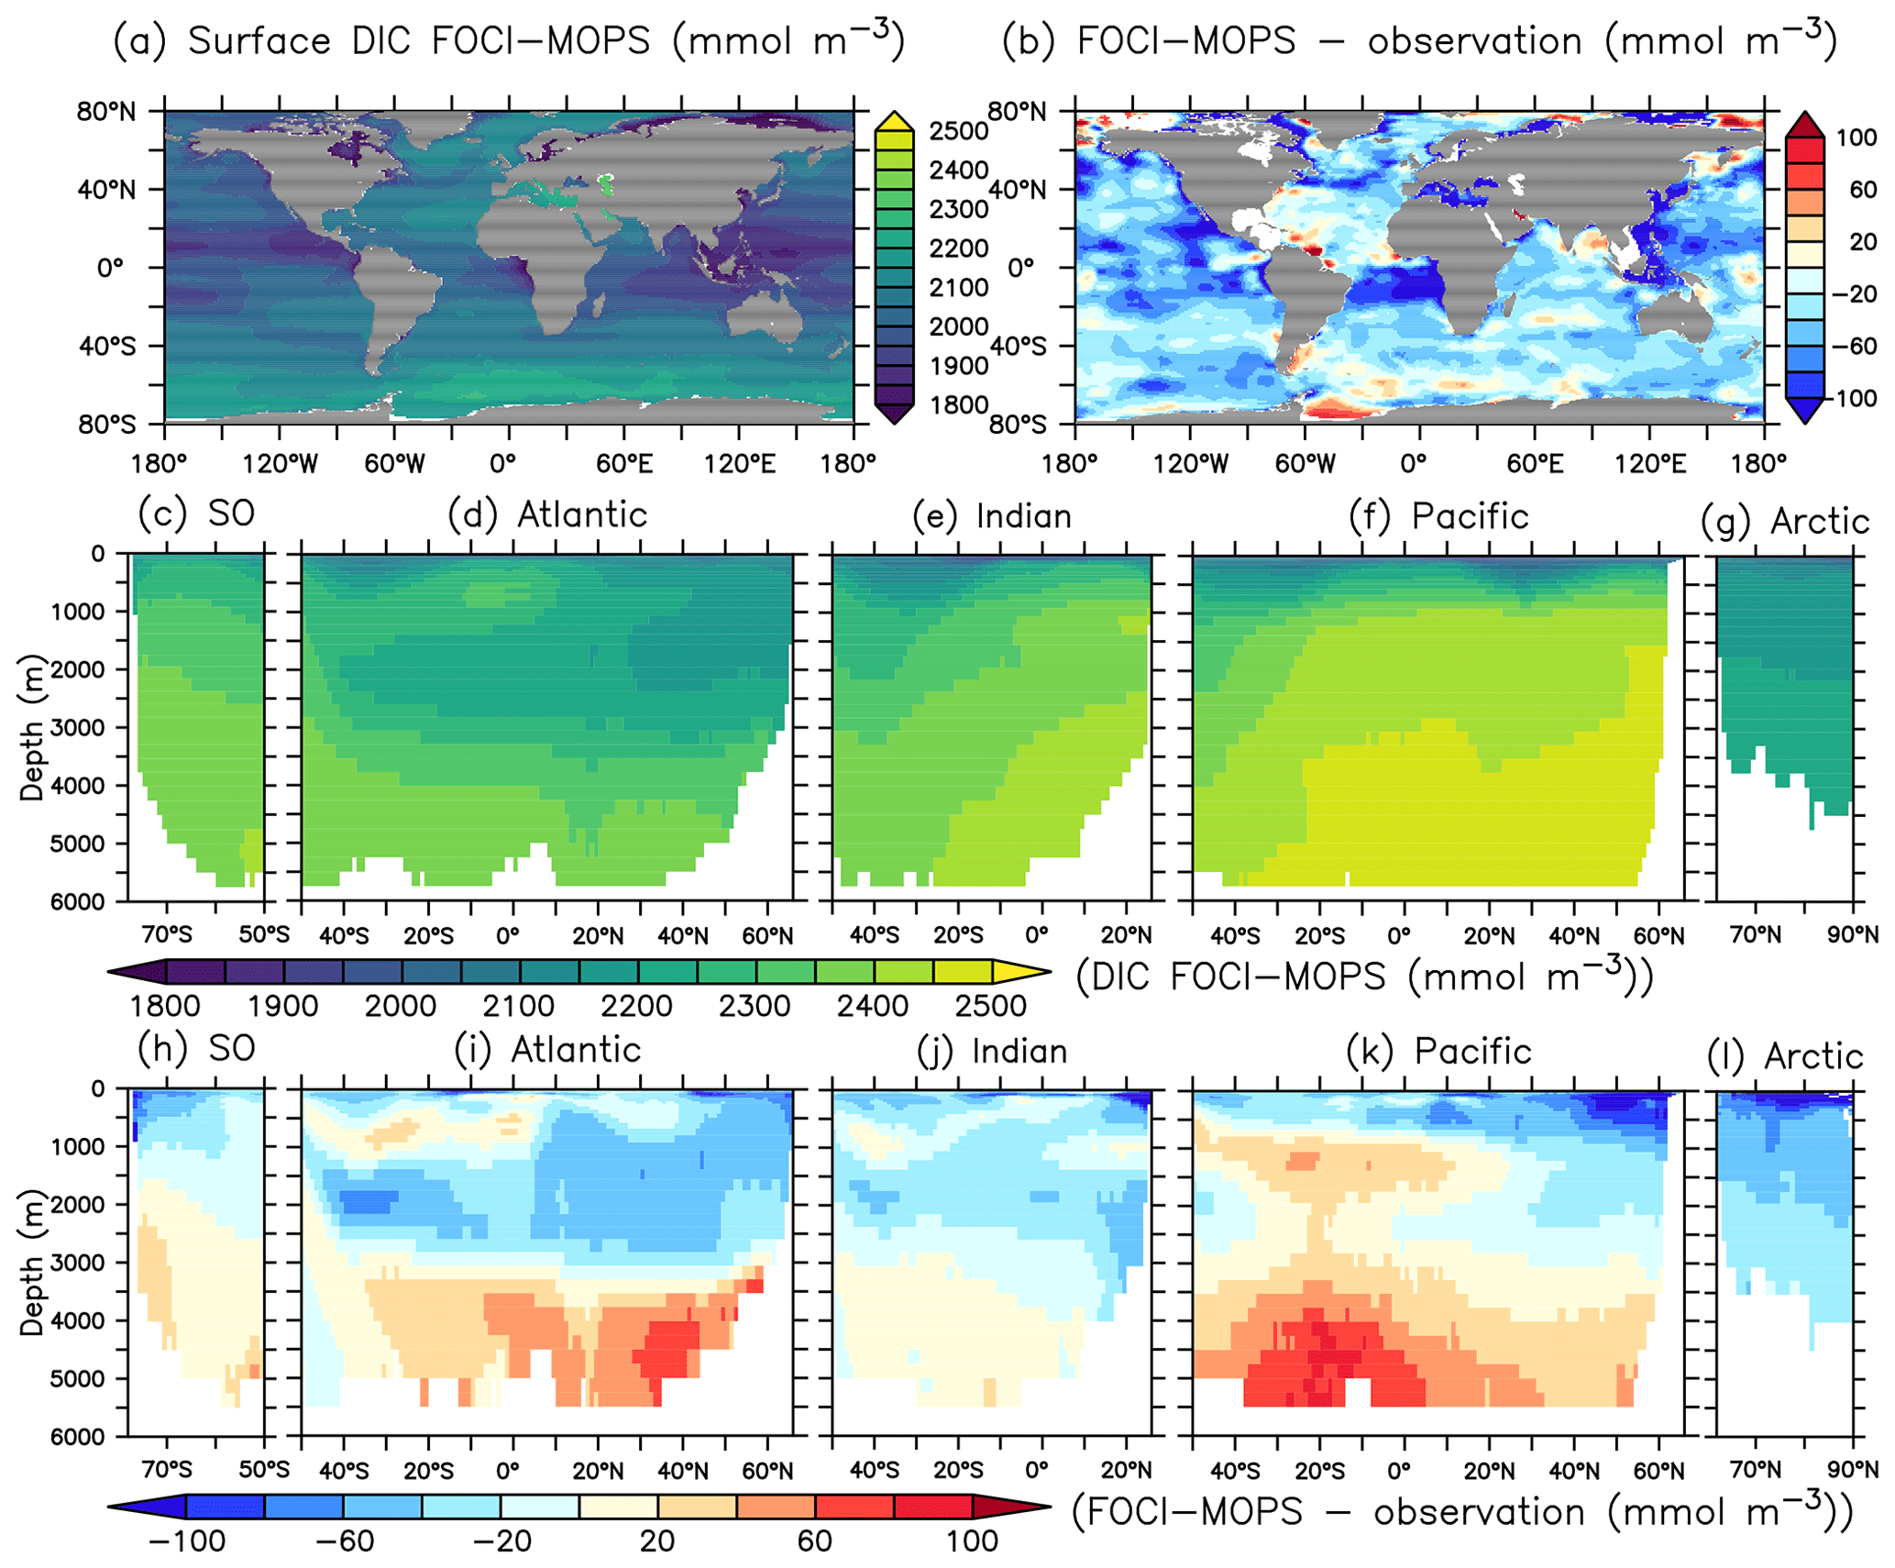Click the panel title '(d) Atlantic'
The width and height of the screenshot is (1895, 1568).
pos(547,514)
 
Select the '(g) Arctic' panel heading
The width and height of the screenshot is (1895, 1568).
pos(1784,521)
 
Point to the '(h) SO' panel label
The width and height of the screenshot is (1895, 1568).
pos(196,1048)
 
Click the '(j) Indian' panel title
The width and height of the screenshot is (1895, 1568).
pos(992,1051)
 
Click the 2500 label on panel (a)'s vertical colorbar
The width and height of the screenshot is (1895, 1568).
pos(958,131)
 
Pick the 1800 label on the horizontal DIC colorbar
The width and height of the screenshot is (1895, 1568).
pos(165,1006)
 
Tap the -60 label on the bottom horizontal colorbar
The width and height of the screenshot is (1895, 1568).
pos(344,1540)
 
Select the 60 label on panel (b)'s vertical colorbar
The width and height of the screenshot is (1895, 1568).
pos(1863,190)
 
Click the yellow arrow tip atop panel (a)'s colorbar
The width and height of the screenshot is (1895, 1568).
pos(894,120)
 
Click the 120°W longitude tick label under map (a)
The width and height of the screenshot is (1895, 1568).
pos(281,464)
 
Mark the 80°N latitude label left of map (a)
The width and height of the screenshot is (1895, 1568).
pos(106,112)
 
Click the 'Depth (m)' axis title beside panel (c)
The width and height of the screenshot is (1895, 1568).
pos(31,726)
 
